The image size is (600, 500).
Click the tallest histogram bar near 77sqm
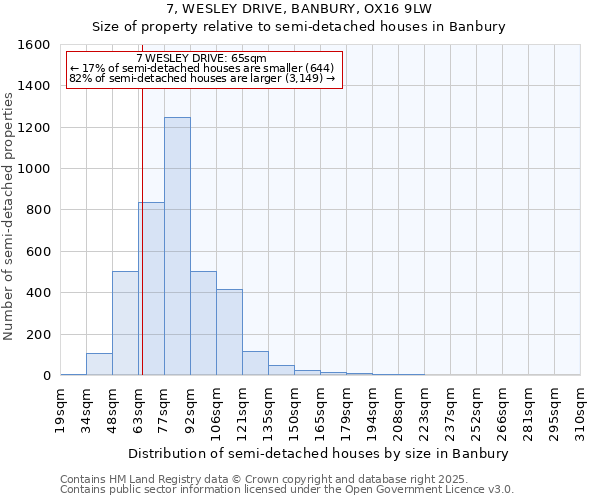coord(177,246)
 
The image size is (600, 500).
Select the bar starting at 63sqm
coord(151,289)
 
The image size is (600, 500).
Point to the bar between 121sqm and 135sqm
coord(255,363)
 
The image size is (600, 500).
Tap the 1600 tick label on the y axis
coord(33,45)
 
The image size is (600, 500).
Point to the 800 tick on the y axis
coord(37,210)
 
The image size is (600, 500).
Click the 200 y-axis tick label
coord(37,334)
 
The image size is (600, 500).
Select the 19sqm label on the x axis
coord(60,409)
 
